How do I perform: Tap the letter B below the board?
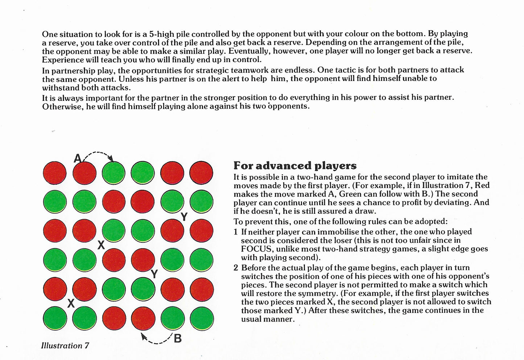click(177, 339)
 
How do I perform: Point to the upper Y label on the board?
click(184, 217)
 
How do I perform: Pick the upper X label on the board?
click(101, 245)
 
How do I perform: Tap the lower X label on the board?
click(71, 303)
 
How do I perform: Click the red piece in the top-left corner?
click(55, 172)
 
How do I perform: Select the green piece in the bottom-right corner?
click(201, 318)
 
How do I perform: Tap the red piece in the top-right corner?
click(201, 172)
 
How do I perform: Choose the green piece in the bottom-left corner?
click(55, 318)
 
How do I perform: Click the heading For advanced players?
click(295, 165)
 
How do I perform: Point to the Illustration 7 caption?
click(65, 345)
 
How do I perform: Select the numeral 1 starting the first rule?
click(236, 232)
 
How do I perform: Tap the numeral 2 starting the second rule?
click(236, 268)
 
